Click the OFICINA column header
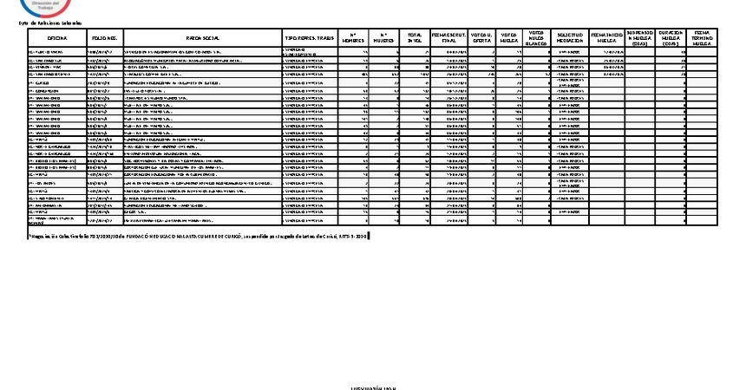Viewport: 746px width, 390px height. tap(57, 39)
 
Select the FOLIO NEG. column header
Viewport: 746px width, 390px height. tap(104, 39)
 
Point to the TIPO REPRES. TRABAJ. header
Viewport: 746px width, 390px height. tap(310, 39)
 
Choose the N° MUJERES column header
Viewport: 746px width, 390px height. tap(382, 39)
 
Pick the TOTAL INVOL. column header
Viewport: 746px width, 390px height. tap(415, 39)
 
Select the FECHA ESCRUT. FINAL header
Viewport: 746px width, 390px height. tap(449, 39)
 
